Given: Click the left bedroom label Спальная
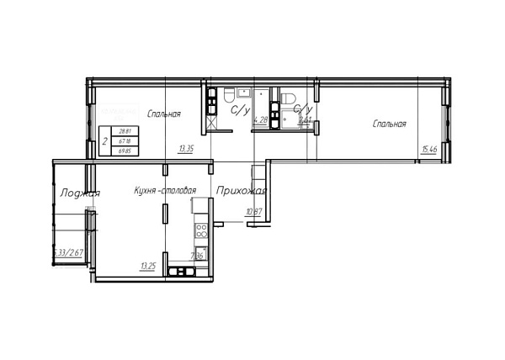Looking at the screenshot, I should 163,114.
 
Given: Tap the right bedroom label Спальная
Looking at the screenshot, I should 390,124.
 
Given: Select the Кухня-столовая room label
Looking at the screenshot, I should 165,191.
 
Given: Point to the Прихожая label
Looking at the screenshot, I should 237,191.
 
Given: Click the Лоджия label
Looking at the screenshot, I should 80,193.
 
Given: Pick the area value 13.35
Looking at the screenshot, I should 186,149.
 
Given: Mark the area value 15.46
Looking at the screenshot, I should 429,150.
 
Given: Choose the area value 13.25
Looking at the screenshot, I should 149,266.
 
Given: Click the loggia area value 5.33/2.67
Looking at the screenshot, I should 67,251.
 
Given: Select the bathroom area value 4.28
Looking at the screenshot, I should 261,120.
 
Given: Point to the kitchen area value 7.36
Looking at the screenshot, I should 197,256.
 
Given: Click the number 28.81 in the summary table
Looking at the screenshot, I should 124,132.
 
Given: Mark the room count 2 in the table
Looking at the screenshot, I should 104,142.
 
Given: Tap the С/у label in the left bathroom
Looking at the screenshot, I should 240,109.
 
